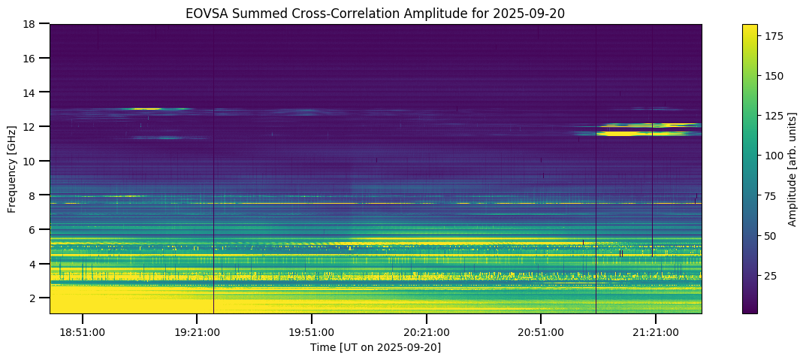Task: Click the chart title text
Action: coord(376,13)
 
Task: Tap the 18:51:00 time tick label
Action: coord(82,331)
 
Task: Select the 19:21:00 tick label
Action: coord(197,331)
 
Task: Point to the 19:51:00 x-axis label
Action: coord(312,331)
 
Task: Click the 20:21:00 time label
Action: coord(426,331)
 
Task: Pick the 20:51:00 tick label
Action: coord(541,331)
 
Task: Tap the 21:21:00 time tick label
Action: coord(656,331)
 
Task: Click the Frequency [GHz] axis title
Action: coord(12,169)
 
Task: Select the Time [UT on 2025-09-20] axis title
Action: coord(376,347)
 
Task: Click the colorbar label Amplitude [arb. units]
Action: coord(792,169)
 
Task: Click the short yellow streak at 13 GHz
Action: coord(146,109)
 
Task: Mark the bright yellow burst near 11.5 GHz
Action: coord(627,134)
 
